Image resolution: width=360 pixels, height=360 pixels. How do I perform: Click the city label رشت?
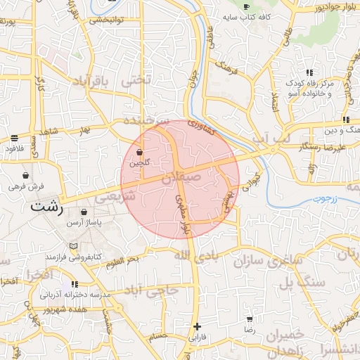click(48, 209)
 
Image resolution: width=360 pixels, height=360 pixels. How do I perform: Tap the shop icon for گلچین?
click(139, 152)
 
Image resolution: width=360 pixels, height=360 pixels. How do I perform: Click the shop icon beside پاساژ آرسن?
click(84, 212)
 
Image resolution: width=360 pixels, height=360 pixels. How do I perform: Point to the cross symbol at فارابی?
click(198, 326)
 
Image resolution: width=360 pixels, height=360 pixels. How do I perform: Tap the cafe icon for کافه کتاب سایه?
click(246, 6)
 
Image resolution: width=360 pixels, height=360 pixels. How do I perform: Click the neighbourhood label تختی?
click(136, 80)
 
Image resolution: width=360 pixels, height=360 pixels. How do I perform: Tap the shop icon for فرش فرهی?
click(26, 176)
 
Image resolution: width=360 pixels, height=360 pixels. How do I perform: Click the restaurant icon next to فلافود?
click(15, 139)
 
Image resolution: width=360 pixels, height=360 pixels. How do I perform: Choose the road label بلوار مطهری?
click(181, 213)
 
